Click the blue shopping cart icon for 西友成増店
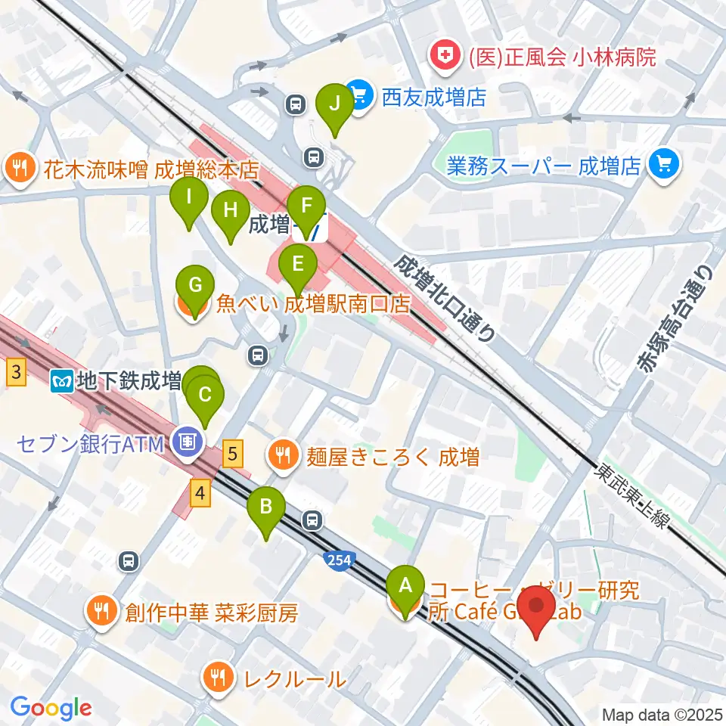click(358, 96)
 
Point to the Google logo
click(51, 709)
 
